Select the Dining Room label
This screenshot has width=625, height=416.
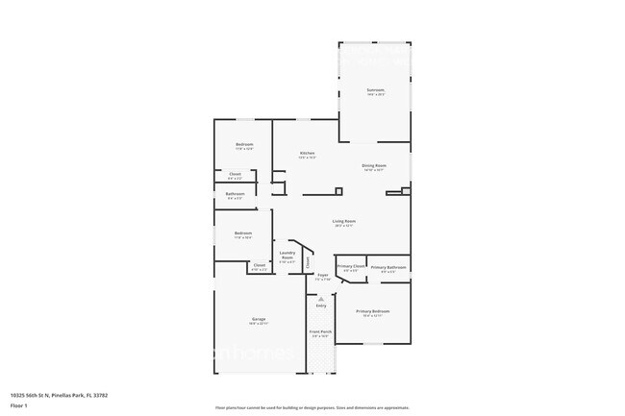pos(374,165)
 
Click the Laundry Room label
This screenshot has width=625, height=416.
pos(287,256)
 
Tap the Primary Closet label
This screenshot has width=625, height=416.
pos(351,266)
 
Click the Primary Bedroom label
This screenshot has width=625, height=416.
pos(373,311)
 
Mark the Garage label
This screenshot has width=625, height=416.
pos(259,319)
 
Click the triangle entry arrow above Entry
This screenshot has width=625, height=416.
pos(321,299)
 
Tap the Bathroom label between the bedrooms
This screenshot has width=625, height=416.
pos(236,194)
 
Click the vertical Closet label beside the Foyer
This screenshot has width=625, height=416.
pos(308,260)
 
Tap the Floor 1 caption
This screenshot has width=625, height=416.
pos(19,406)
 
